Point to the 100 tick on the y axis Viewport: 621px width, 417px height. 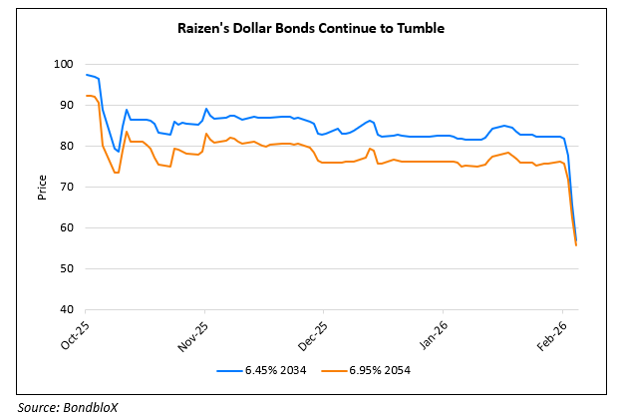coord(64,64)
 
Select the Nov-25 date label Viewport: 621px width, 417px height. coord(195,335)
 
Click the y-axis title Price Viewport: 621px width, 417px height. coord(42,187)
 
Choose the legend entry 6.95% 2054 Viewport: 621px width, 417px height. coord(380,371)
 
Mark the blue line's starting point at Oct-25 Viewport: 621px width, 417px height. coord(87,75)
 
